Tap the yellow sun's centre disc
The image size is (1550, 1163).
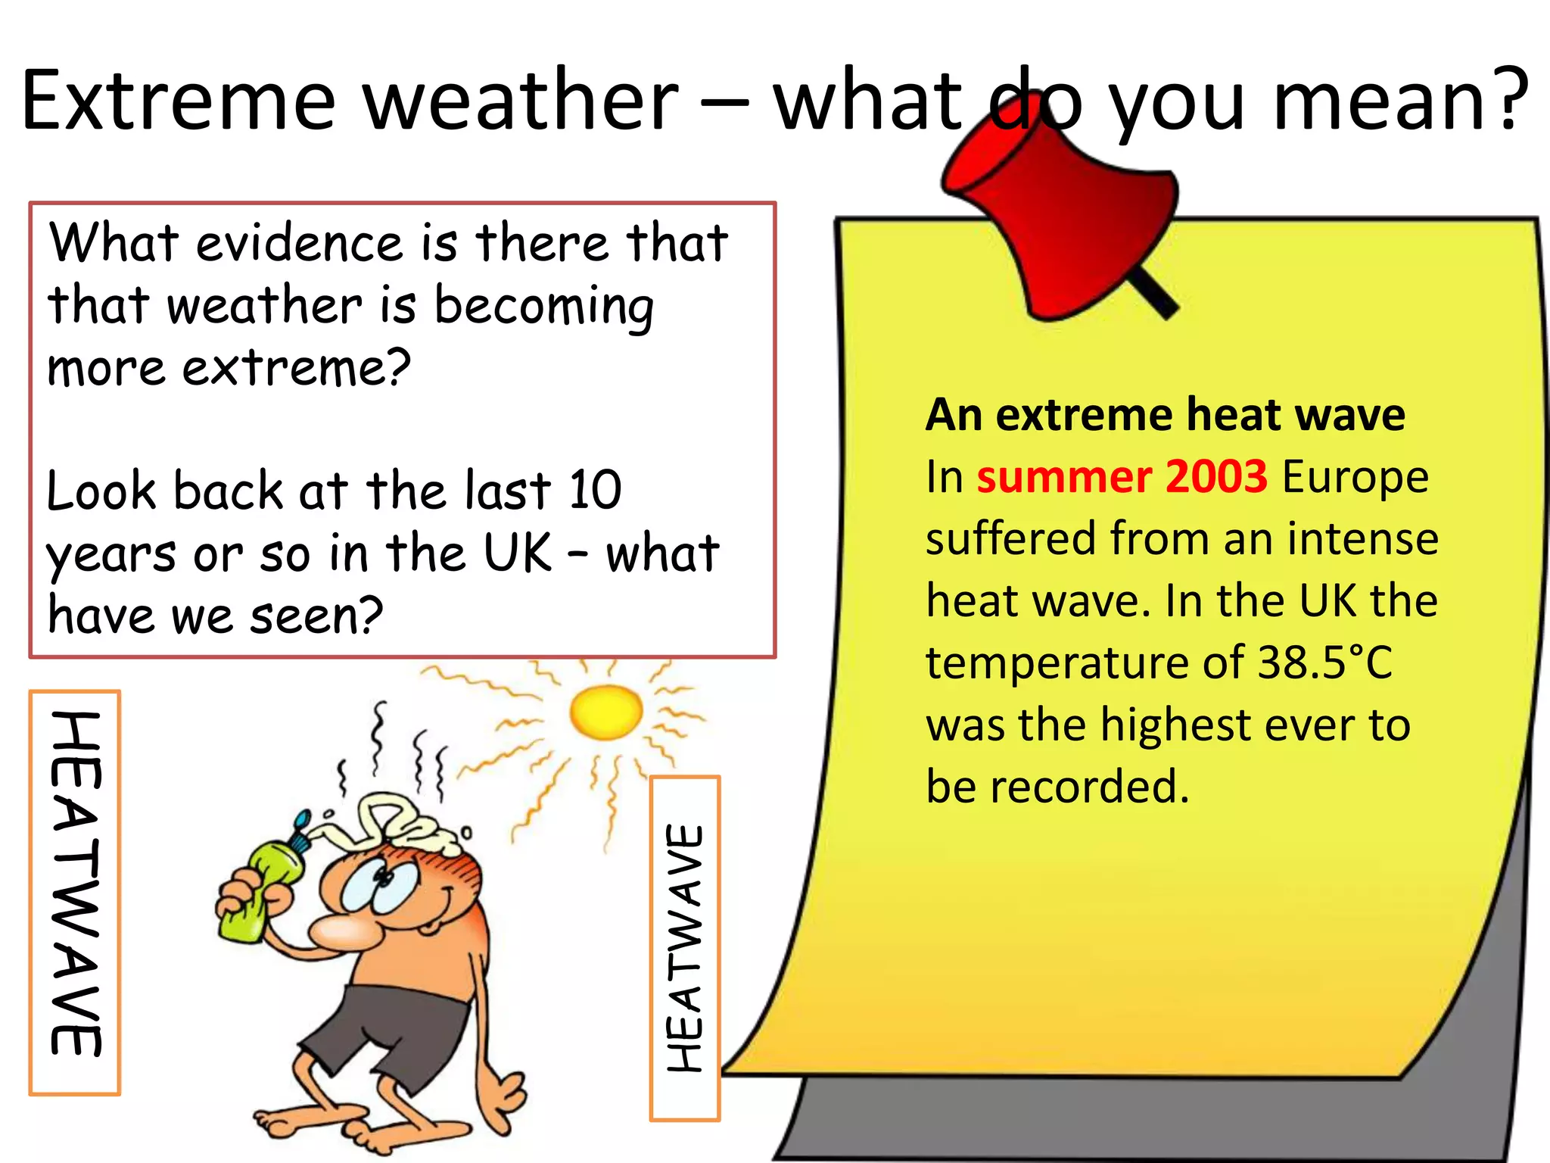(x=606, y=712)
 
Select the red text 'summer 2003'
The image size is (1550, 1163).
(x=1122, y=477)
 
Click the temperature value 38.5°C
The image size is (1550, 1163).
(x=1324, y=663)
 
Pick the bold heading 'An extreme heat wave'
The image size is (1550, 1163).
(x=1166, y=415)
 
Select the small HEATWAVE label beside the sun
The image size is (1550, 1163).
(x=685, y=947)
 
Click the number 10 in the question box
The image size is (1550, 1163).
(x=595, y=490)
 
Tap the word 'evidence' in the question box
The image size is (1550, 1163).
(x=300, y=244)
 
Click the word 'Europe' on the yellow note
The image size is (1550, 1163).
(x=1355, y=477)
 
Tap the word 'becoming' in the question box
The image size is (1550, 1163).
(x=543, y=307)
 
